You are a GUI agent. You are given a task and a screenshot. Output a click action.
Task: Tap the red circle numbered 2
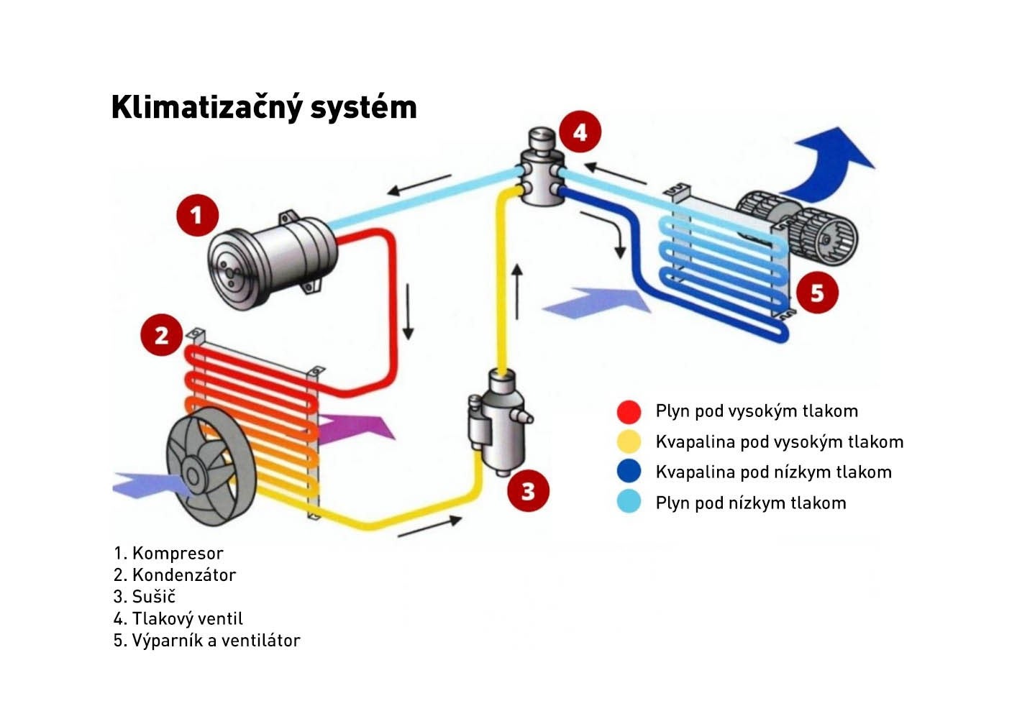[161, 335]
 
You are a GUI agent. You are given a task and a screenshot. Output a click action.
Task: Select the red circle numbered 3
[528, 491]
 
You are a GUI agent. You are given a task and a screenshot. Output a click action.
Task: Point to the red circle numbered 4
[580, 132]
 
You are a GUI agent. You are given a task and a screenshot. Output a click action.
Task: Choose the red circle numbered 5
[817, 293]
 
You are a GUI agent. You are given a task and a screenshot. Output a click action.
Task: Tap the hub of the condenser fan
[193, 475]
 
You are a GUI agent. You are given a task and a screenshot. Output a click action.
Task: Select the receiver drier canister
[496, 424]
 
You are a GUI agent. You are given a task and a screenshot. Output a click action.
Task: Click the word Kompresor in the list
[178, 554]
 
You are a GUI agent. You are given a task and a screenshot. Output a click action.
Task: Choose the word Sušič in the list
[154, 597]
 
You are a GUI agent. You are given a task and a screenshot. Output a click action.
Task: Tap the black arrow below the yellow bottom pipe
[429, 527]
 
